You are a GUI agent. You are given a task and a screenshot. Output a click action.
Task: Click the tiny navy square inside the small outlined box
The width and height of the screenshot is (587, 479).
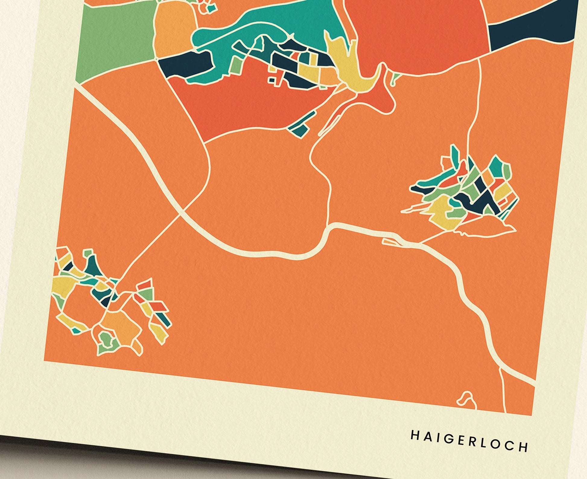(272, 80)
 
